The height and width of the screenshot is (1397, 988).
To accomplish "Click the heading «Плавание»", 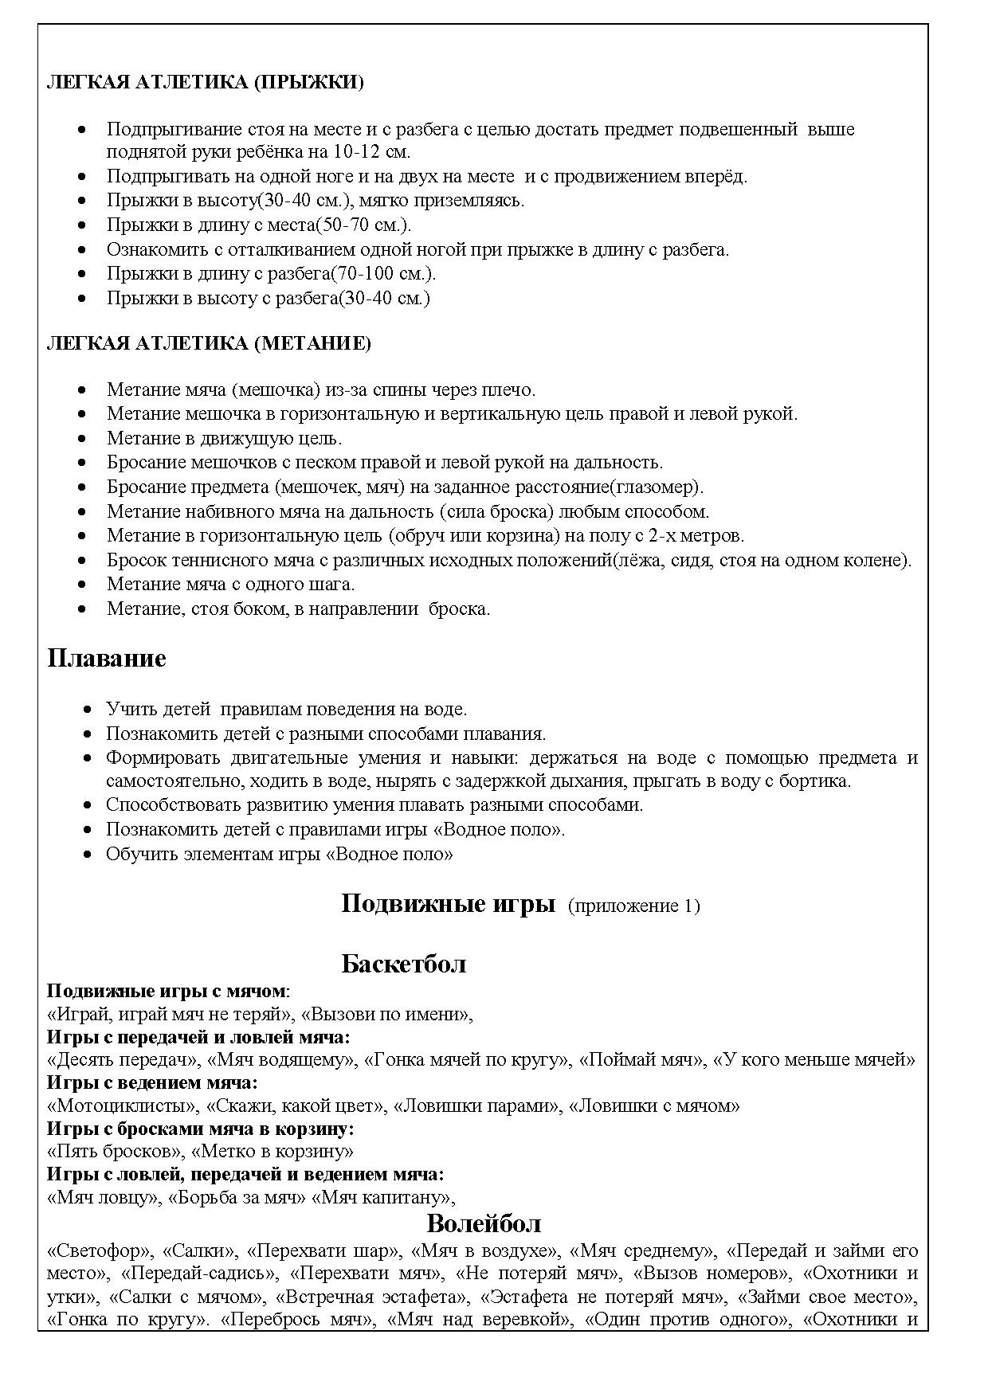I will (x=107, y=659).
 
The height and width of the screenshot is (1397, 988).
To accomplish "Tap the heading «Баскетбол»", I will (x=403, y=964).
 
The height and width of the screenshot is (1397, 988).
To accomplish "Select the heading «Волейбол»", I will (x=484, y=1223).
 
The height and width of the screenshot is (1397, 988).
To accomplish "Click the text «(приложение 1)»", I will (x=633, y=906).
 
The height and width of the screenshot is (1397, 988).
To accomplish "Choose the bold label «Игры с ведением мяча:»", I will (x=152, y=1083).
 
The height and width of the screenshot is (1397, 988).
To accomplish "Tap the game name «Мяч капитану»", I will (x=386, y=1198).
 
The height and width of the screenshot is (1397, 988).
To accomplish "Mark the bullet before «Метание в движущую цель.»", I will (x=82, y=439).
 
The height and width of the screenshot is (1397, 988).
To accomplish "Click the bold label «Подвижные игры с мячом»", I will (x=166, y=992).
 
